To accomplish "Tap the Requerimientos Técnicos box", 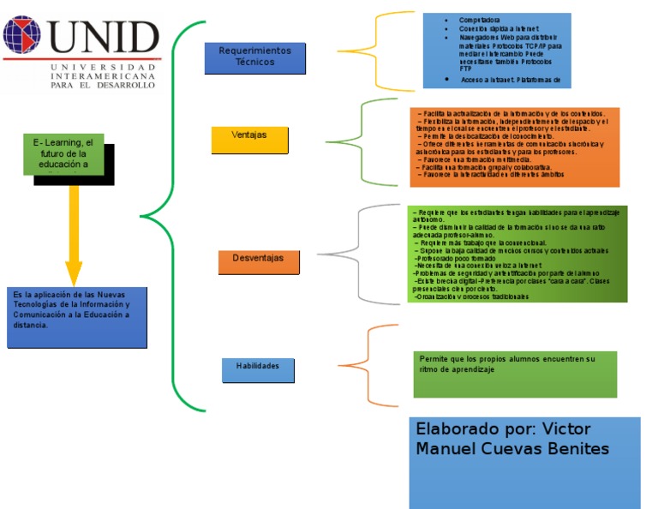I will tap(254, 57).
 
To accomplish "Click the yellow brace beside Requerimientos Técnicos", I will tap(372, 50).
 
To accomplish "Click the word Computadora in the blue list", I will tap(481, 20).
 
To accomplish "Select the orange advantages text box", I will tap(514, 147).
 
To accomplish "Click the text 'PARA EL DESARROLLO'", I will tap(103, 84).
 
